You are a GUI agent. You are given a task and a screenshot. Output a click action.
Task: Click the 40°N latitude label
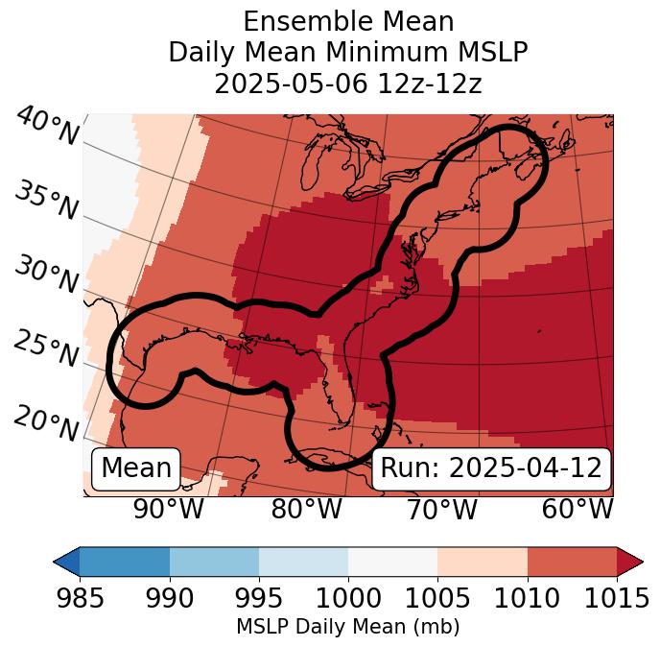click(x=46, y=127)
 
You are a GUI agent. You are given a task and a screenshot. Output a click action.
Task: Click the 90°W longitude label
click(x=168, y=510)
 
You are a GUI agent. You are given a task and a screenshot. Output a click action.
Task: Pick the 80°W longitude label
click(x=306, y=510)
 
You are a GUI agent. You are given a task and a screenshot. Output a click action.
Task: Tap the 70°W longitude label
click(x=441, y=510)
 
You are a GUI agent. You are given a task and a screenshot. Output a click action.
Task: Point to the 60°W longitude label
click(x=577, y=510)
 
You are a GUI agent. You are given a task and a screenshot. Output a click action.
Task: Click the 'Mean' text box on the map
click(x=136, y=468)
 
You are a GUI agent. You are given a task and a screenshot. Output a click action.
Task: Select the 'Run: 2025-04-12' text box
click(x=491, y=468)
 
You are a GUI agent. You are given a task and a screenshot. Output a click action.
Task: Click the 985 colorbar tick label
click(x=80, y=598)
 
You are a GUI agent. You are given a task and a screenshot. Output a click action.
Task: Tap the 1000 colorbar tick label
click(x=348, y=598)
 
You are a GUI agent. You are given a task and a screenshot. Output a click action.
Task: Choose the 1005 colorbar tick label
click(x=437, y=598)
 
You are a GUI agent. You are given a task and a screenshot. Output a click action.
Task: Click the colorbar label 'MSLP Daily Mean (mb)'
click(x=347, y=627)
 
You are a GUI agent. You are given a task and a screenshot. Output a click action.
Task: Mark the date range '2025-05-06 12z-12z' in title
click(x=347, y=84)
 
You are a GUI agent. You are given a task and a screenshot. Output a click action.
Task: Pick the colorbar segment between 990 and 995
click(x=214, y=561)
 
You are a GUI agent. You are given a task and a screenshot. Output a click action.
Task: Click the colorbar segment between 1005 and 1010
click(x=483, y=561)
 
